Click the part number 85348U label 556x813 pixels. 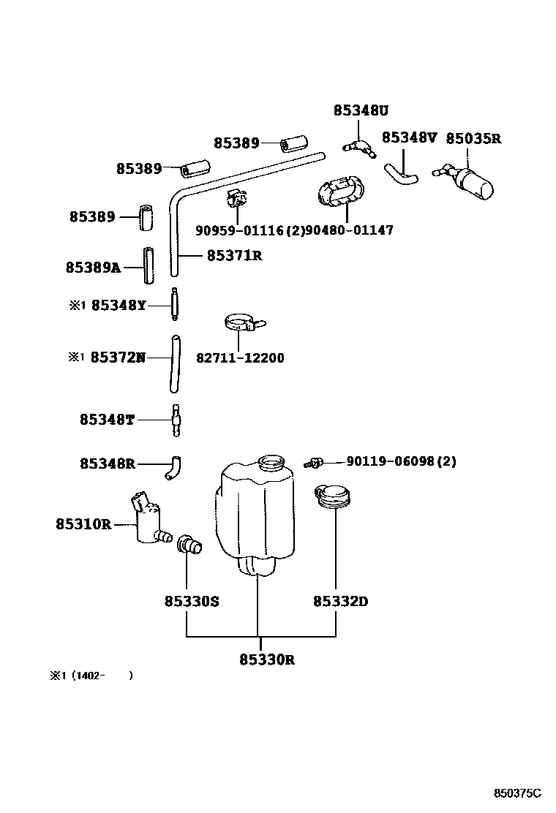[x=361, y=110]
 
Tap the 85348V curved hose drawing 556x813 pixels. [x=400, y=174]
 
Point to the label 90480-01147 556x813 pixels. [x=349, y=230]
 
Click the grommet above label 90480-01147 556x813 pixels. [x=339, y=192]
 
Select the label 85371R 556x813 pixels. [x=234, y=255]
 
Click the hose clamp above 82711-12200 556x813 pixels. [x=242, y=324]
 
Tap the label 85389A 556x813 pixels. [x=93, y=268]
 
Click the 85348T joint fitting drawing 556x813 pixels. [x=176, y=420]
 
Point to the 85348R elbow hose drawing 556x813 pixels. [x=174, y=466]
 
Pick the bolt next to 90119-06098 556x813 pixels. [x=315, y=462]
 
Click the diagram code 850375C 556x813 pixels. [x=516, y=793]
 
